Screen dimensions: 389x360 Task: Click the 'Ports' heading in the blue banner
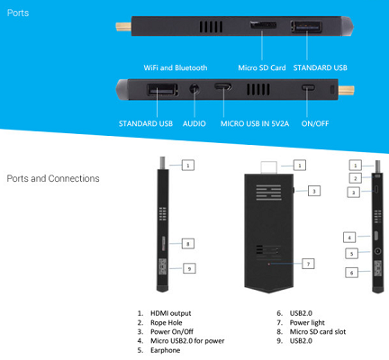[x=18, y=13]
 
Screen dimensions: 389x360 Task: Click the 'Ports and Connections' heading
[x=53, y=178]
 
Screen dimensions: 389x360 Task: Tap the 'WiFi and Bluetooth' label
[x=176, y=67]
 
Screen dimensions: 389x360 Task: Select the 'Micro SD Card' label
[x=262, y=67]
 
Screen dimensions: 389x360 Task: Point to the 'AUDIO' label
[x=194, y=123]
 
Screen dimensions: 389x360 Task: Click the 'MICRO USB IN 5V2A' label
[x=255, y=123]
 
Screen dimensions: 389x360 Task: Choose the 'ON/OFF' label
[x=315, y=123]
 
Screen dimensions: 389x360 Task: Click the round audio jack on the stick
[x=194, y=89]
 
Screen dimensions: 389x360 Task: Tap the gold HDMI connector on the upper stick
[x=123, y=27]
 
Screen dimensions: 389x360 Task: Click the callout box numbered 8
[x=188, y=244]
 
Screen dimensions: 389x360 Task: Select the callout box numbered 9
[x=189, y=268]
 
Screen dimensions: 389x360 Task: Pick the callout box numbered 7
[x=308, y=264]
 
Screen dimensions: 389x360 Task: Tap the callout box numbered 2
[x=356, y=178]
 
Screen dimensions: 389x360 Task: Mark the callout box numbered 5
[x=352, y=254]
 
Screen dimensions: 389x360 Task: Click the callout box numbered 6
[x=352, y=273]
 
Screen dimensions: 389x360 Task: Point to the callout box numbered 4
[x=349, y=238]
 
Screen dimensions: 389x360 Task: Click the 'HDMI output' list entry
[x=170, y=313]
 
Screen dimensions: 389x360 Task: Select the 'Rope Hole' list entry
[x=167, y=322]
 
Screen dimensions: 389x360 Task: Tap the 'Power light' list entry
[x=307, y=322]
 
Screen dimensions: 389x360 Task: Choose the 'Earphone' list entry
[x=166, y=350]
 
